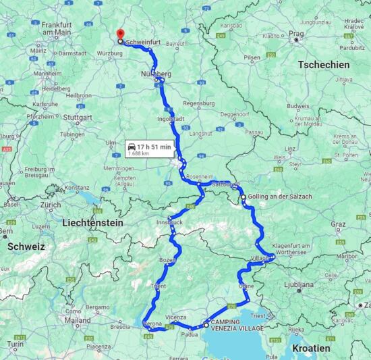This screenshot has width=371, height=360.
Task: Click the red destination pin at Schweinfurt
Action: (120, 34)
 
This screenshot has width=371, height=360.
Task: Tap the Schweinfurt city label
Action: (144, 41)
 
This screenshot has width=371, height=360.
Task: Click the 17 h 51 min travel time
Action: (154, 146)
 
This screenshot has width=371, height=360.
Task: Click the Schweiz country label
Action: (26, 247)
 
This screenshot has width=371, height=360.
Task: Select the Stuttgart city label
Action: (80, 117)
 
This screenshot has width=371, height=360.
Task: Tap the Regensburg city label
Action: (198, 103)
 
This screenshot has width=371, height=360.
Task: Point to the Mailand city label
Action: (78, 319)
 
